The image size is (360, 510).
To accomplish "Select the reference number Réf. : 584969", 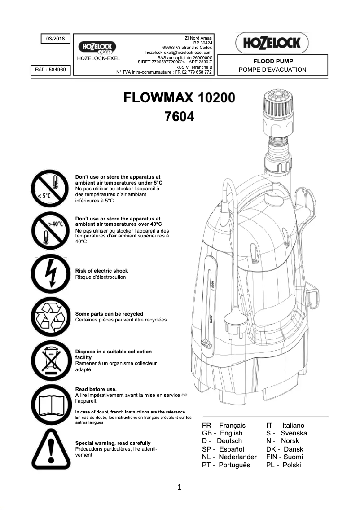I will (50, 70).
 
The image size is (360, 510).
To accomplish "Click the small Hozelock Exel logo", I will (97, 47).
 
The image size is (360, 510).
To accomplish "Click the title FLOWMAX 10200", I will (179, 97).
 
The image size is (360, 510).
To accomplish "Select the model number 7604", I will (180, 117).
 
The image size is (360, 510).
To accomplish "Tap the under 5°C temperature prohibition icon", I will (49, 189).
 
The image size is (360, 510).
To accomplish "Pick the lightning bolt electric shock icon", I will (49, 273).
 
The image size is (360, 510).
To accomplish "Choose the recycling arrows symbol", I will (49, 316).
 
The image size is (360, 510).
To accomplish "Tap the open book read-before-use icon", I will (49, 403).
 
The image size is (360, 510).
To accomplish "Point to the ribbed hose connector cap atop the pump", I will (277, 102).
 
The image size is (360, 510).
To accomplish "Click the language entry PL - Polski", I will (283, 465).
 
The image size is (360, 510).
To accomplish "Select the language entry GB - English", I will (222, 433).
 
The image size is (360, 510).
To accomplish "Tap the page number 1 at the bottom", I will (180, 488).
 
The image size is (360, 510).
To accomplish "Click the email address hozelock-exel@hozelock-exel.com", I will (178, 53).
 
